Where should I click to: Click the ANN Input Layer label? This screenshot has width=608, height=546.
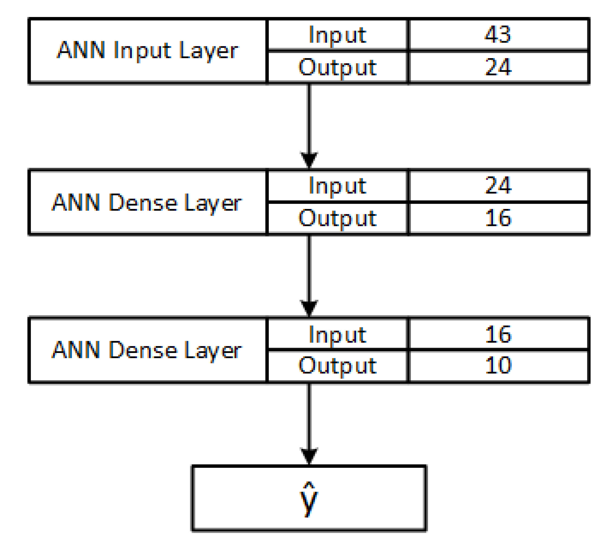pos(147,50)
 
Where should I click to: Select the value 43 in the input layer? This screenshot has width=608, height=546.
pos(497,34)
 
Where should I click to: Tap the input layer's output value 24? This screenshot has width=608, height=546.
pos(497,67)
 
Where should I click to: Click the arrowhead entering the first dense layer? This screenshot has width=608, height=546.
pos(309,159)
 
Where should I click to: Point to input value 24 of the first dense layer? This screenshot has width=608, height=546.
pos(497,185)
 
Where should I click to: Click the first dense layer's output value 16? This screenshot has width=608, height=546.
pos(497,218)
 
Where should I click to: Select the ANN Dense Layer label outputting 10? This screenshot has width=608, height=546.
pos(147,350)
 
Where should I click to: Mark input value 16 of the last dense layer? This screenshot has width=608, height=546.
pos(497,334)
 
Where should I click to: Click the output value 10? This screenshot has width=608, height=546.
pos(497,365)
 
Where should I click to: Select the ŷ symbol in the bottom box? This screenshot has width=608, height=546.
pos(309,499)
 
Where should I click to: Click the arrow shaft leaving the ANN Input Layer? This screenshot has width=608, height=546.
pos(309,117)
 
